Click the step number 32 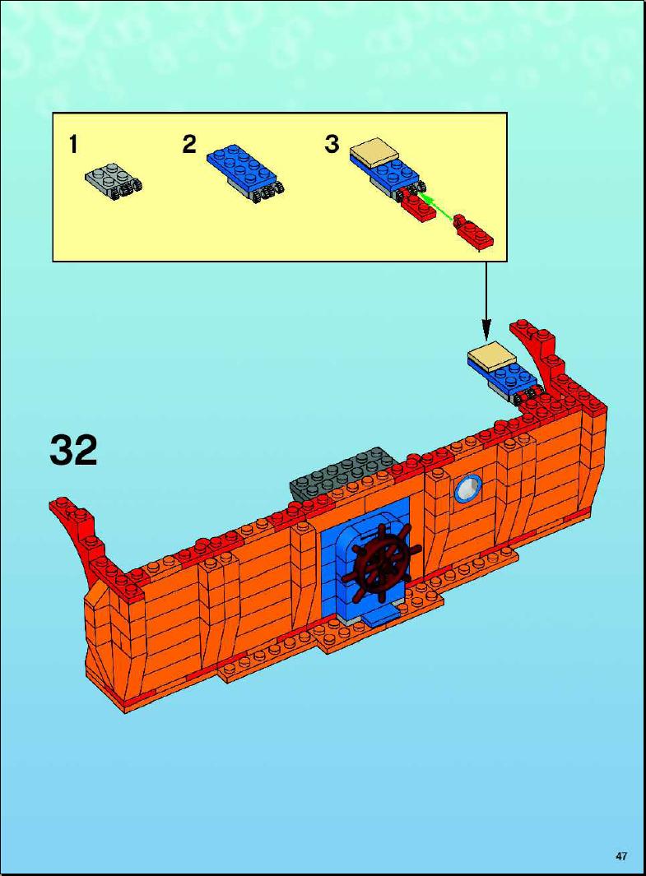click(x=73, y=450)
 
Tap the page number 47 click(x=620, y=856)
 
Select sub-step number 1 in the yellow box click(x=73, y=145)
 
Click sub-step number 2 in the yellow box click(x=189, y=145)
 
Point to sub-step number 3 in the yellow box click(x=332, y=144)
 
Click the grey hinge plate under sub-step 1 click(x=114, y=180)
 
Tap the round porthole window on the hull click(x=468, y=489)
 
